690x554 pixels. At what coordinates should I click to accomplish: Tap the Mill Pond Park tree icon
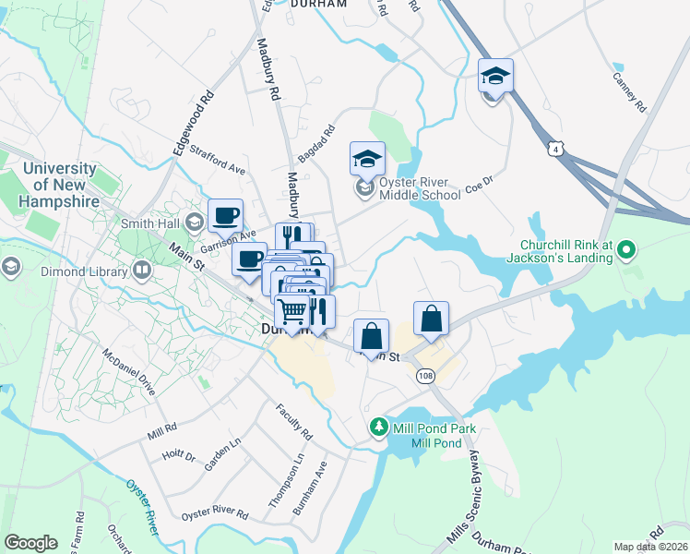click(x=377, y=428)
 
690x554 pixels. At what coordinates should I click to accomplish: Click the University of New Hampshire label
click(x=60, y=185)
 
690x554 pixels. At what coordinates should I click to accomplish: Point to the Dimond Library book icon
click(x=141, y=271)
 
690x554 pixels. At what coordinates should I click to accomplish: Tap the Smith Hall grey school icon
click(x=194, y=223)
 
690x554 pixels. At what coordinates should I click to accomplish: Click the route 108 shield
click(x=425, y=376)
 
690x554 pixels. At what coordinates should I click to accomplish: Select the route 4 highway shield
click(x=553, y=148)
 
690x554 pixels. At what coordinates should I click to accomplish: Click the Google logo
click(x=31, y=543)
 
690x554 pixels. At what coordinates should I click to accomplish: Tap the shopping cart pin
click(x=292, y=312)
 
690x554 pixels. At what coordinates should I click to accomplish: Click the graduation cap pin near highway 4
click(x=495, y=78)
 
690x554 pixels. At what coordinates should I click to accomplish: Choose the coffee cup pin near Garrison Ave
click(x=225, y=217)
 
